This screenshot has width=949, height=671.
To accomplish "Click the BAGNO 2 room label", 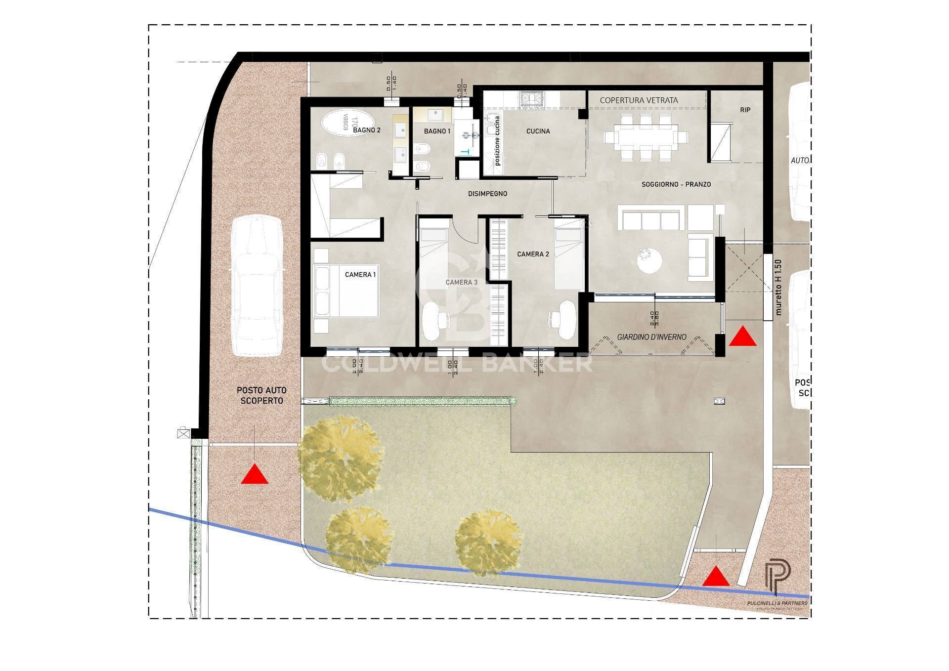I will point(367,130).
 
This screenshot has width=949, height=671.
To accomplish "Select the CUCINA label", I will point(538,131).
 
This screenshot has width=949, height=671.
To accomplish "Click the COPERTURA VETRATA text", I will point(639,100).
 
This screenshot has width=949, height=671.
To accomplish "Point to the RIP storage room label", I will point(745,110).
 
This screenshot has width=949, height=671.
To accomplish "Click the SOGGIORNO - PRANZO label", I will point(676,184).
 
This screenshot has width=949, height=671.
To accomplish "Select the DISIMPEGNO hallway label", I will point(487,194).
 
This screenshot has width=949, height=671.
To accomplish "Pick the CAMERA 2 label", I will point(533,254).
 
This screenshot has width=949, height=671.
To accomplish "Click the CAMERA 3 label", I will point(461,282).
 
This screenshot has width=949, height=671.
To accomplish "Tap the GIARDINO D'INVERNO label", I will point(651,337).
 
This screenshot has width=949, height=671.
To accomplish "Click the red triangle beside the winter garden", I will point(743,337).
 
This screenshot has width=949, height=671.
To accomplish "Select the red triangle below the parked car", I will point(255,475).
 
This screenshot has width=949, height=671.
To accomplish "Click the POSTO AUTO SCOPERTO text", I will point(261,395).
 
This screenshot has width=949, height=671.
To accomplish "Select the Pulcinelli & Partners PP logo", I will point(777,578).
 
